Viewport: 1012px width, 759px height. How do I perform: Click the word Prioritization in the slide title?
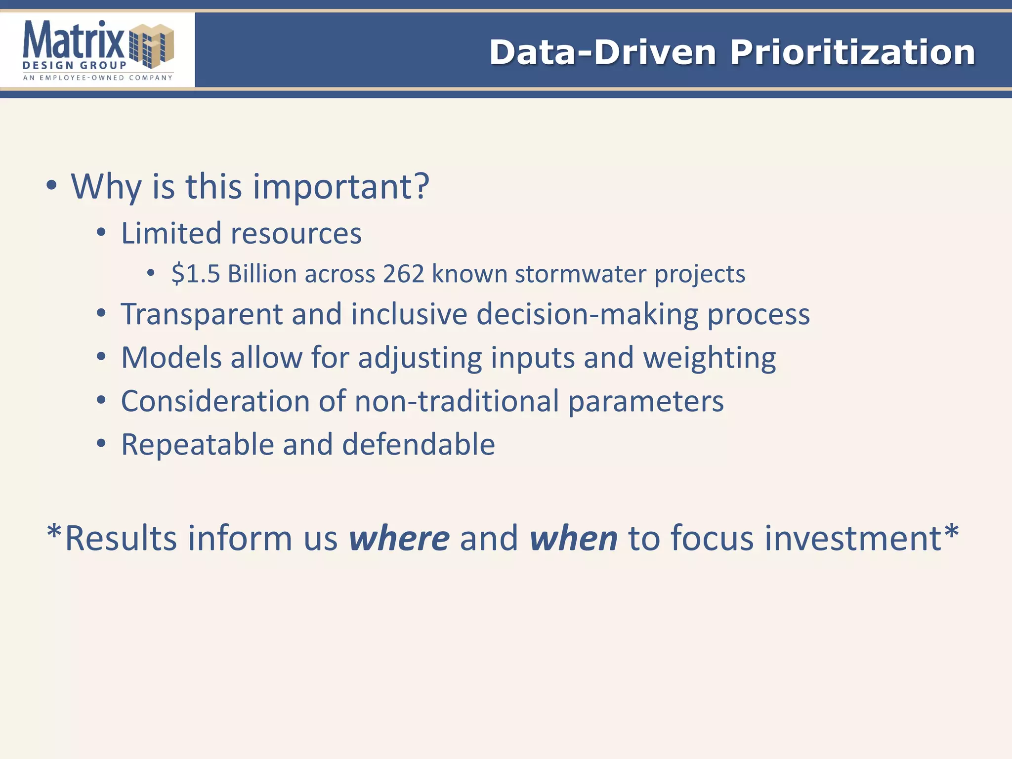coord(852,52)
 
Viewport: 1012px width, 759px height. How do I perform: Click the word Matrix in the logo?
coord(74,40)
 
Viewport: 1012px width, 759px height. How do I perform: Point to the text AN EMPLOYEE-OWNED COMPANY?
coord(98,78)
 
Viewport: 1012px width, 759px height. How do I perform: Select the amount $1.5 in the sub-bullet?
coord(196,274)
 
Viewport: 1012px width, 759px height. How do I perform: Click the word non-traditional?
coord(457,401)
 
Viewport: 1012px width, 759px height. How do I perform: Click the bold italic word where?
coord(399,538)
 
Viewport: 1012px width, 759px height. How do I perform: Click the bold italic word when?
coord(573,538)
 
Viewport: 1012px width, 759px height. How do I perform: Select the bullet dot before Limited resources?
coord(101,233)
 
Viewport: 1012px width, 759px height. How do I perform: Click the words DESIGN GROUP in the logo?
coord(75,65)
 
